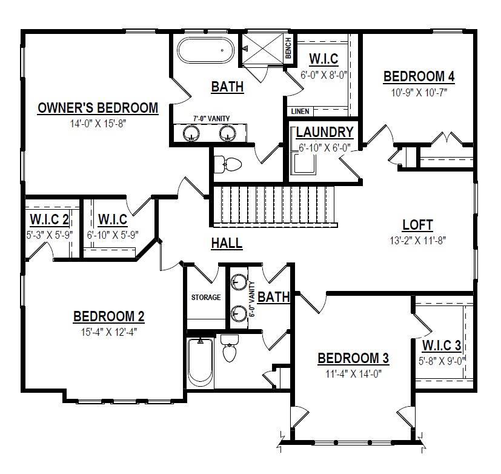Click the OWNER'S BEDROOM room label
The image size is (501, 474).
98,108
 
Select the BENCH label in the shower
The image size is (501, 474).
288,48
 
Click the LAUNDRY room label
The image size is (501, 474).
325,132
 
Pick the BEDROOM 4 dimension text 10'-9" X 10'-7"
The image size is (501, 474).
419,92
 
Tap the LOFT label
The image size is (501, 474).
417,225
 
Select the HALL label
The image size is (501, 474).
227,244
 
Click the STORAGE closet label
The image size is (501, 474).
206,298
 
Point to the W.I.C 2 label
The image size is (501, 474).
48,218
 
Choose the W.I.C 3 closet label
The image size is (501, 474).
442,346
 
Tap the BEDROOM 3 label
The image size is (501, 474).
353,358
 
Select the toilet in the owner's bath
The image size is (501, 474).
229,163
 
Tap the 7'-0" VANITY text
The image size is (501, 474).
211,119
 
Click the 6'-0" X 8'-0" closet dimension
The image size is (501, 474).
323,76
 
